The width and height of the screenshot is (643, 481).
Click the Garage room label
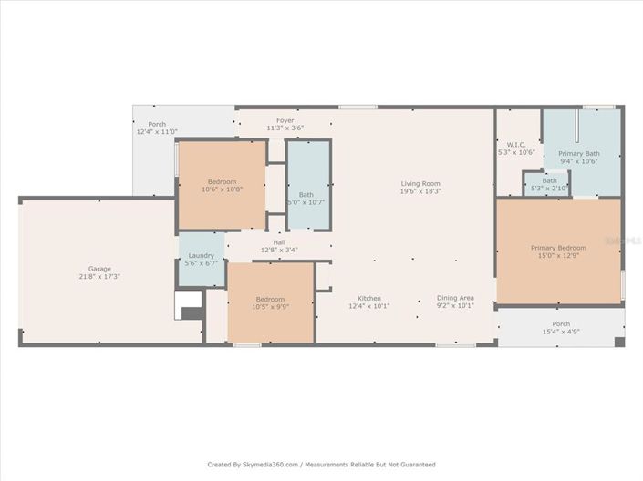(x=99, y=269)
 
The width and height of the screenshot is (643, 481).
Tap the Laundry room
(x=201, y=259)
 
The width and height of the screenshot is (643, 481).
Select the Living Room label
(x=420, y=184)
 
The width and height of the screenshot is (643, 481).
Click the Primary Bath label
(x=579, y=154)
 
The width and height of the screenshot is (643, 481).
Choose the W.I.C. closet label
(x=515, y=144)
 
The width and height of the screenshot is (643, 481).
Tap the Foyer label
(x=285, y=120)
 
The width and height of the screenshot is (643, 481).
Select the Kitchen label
(x=369, y=298)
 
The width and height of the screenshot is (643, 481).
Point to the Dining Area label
(x=455, y=298)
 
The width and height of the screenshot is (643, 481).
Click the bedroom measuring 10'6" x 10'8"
(x=222, y=185)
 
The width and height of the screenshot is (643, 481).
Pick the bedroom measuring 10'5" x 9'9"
(x=270, y=303)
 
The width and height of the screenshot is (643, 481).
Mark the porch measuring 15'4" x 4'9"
(x=561, y=328)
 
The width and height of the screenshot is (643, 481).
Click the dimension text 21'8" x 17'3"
(x=99, y=276)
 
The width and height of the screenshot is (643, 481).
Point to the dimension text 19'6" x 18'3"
(x=420, y=191)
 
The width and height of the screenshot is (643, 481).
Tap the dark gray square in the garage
(x=193, y=314)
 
